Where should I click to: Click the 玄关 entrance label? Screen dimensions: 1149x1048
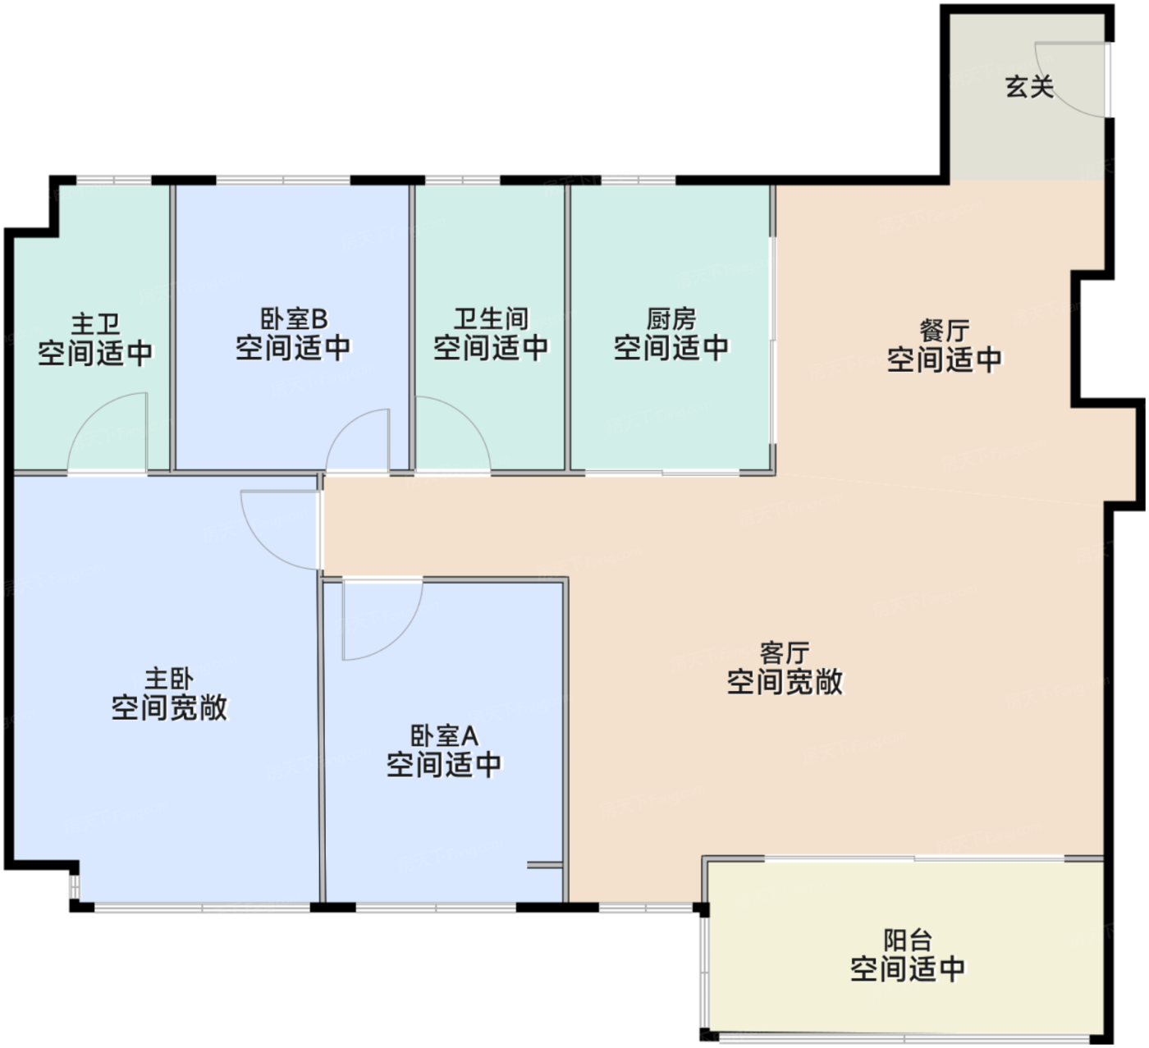(1029, 87)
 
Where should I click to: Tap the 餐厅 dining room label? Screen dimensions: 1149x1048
(945, 331)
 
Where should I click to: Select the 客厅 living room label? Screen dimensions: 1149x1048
(785, 652)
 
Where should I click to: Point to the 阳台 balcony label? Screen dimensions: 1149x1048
(908, 940)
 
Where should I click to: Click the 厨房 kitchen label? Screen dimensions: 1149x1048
(671, 319)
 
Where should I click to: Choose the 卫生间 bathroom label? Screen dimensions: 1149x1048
(491, 319)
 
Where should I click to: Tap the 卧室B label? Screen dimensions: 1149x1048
(294, 319)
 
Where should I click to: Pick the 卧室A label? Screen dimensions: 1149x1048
(444, 736)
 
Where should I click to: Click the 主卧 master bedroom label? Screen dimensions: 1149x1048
(169, 680)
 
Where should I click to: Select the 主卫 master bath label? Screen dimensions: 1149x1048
(96, 324)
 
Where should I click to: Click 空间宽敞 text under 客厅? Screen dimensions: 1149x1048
(785, 682)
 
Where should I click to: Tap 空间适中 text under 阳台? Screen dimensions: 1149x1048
(908, 969)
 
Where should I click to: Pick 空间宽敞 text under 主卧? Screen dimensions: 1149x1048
(169, 707)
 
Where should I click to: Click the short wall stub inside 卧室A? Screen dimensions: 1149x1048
(544, 865)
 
